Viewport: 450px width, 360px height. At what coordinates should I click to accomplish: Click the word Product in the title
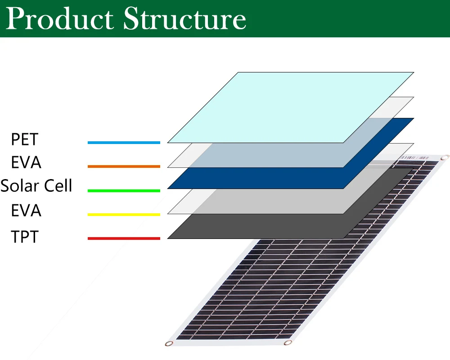click(x=61, y=19)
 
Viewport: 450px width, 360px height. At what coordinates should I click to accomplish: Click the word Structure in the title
click(x=184, y=19)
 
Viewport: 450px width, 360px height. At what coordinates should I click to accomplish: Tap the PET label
click(x=25, y=139)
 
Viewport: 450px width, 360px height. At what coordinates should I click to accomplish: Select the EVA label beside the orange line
click(x=26, y=162)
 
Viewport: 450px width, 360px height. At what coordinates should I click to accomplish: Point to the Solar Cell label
click(x=36, y=185)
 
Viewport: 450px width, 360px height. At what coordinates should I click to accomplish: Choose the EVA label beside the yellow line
click(x=26, y=210)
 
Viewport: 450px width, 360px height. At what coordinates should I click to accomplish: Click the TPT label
click(x=25, y=236)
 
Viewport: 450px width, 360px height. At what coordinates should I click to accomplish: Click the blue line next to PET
click(x=124, y=143)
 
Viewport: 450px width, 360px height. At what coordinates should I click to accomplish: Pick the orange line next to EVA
click(x=124, y=166)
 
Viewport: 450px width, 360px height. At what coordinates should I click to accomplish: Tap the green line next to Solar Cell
click(x=124, y=191)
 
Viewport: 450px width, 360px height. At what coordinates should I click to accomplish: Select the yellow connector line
click(x=124, y=215)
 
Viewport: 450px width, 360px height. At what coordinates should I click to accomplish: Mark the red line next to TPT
click(x=124, y=238)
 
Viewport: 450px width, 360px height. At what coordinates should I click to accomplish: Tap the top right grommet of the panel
click(x=445, y=157)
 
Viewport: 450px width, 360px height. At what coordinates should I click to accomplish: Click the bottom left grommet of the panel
click(x=169, y=344)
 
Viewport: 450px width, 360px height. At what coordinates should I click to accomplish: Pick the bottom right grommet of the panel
click(x=287, y=343)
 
